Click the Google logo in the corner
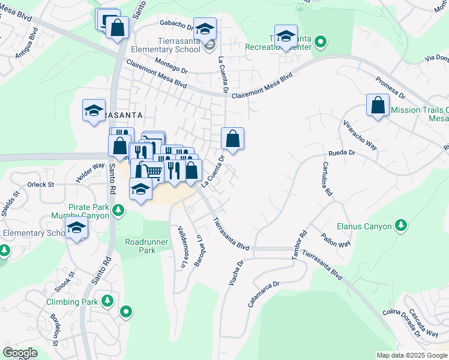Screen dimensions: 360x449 pyautogui.click(x=20, y=353)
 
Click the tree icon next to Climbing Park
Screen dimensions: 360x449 pyautogui.click(x=107, y=300)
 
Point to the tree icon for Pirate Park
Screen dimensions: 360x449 pyautogui.click(x=119, y=209)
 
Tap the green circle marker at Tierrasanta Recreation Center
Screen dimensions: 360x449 pyautogui.click(x=321, y=42)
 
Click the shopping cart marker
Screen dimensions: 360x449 pyautogui.click(x=153, y=171)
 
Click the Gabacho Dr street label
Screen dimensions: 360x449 pyautogui.click(x=176, y=25)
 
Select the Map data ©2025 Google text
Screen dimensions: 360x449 pyautogui.click(x=412, y=355)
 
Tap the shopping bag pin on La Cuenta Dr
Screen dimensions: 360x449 pyautogui.click(x=232, y=139)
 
